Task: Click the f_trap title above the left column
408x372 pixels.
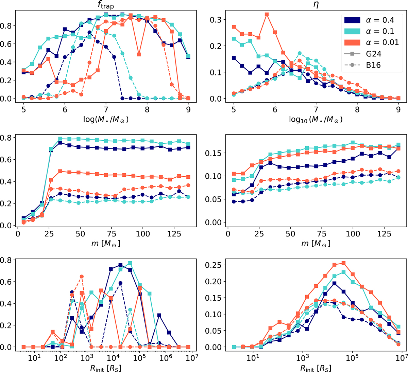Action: (105, 5)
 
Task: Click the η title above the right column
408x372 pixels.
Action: (316, 5)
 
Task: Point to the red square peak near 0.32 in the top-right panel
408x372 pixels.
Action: (267, 14)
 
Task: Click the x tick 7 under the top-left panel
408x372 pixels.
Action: (106, 110)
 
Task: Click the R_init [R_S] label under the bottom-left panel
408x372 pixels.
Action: (105, 367)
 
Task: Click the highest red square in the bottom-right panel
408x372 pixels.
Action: (343, 263)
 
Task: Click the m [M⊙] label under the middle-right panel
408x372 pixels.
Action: (316, 243)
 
